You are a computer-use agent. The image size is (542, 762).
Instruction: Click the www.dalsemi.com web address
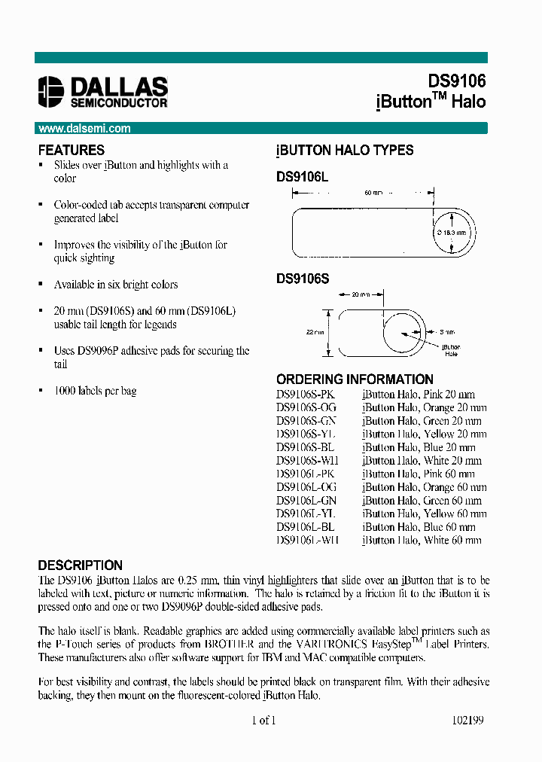(x=84, y=129)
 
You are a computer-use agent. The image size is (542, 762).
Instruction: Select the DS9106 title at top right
(x=457, y=81)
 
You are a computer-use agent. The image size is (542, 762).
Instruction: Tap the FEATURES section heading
(x=72, y=150)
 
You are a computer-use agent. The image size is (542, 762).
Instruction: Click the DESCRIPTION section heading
(x=80, y=565)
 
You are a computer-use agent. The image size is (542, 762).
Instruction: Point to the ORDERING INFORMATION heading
(x=355, y=379)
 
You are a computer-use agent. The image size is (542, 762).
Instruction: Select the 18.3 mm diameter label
(x=453, y=233)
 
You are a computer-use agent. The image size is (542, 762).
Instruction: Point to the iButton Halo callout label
(x=451, y=350)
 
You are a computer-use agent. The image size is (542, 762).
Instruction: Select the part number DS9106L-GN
(x=306, y=501)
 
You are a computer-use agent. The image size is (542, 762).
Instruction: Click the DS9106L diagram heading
(x=303, y=176)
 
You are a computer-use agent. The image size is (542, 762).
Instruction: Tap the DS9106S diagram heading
(x=303, y=279)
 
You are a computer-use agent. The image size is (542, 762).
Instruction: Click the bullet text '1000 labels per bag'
(x=95, y=392)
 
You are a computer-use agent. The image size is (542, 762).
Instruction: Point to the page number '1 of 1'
(x=263, y=721)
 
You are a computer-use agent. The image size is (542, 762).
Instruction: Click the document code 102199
(x=467, y=721)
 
